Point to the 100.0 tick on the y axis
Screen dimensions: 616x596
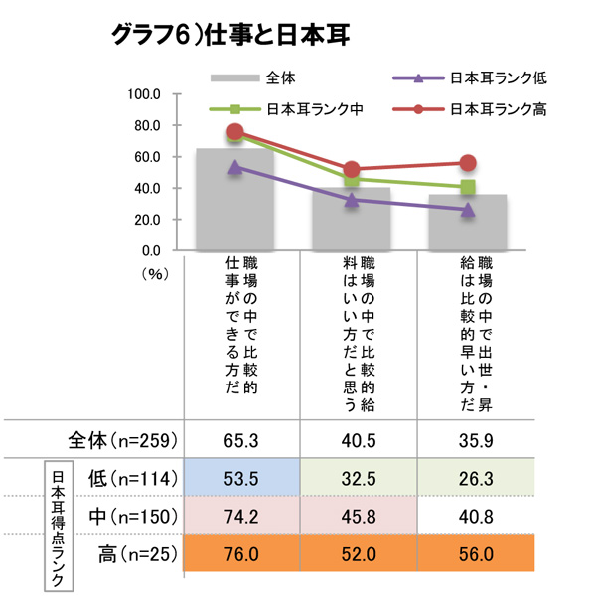click(x=145, y=94)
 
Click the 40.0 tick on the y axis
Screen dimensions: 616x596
click(x=148, y=188)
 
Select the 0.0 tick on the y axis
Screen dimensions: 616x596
click(x=151, y=250)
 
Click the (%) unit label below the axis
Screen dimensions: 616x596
click(x=157, y=270)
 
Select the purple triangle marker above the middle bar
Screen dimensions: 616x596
click(x=352, y=199)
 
